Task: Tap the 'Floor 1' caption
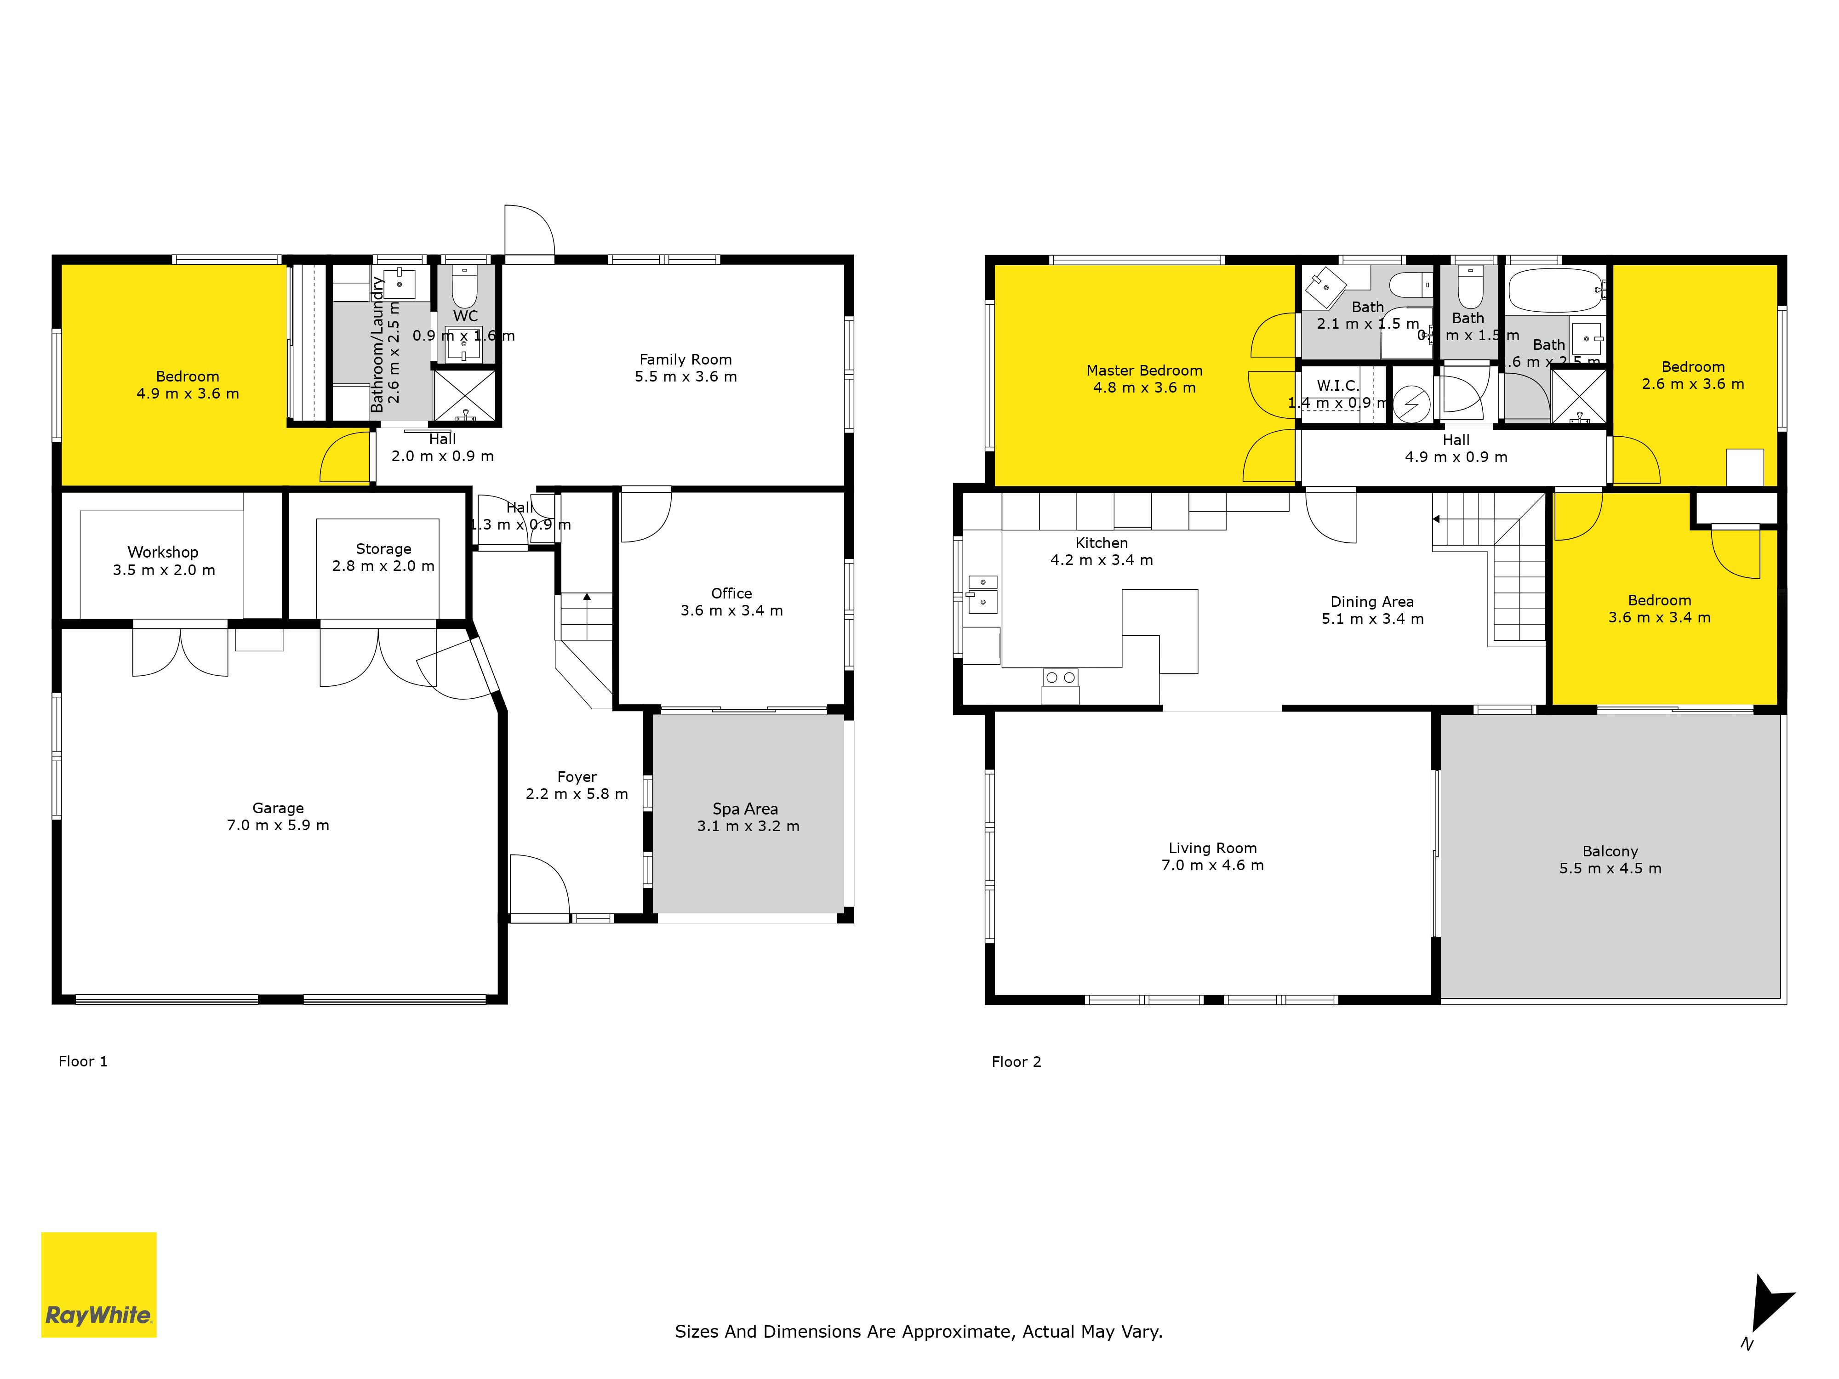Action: pyautogui.click(x=82, y=1061)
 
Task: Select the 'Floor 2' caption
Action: pyautogui.click(x=1016, y=1061)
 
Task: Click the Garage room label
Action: pyautogui.click(x=278, y=808)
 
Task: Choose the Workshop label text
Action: pyautogui.click(x=163, y=552)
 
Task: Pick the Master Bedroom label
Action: pyautogui.click(x=1144, y=371)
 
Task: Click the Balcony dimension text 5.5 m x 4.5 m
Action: pyautogui.click(x=1611, y=869)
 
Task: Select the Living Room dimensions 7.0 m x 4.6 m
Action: pyautogui.click(x=1212, y=865)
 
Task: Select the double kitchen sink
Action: pyautogui.click(x=982, y=592)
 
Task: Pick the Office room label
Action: pyautogui.click(x=731, y=593)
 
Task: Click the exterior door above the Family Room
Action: pyautogui.click(x=529, y=233)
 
